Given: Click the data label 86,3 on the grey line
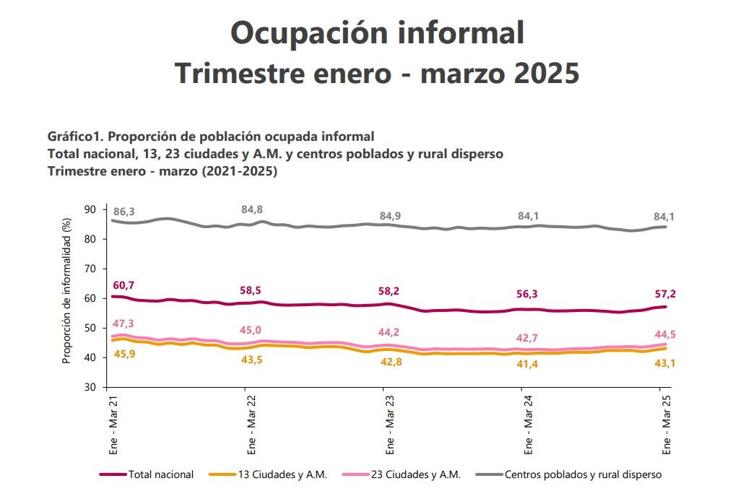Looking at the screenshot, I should tap(124, 212).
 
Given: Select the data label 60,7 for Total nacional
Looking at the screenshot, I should tap(124, 286).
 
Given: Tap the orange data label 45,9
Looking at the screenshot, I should tap(124, 355).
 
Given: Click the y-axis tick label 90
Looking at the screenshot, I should tap(90, 209).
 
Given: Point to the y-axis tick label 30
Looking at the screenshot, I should tap(90, 387).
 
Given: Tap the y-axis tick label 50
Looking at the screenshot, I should tap(90, 328).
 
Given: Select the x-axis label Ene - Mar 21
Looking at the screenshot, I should tap(114, 424).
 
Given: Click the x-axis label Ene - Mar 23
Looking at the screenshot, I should tap(389, 424).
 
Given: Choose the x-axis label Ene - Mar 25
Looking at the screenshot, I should tap(667, 424).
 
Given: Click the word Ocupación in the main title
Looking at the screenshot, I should tap(303, 32).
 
